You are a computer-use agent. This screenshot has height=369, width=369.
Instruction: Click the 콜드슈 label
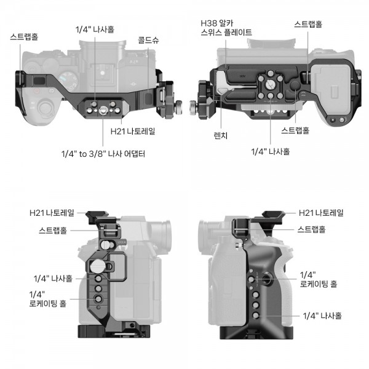pyautogui.click(x=148, y=40)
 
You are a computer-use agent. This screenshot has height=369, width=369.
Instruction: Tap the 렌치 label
pyautogui.click(x=221, y=135)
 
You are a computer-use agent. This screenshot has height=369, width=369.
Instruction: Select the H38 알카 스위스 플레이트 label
pyautogui.click(x=226, y=28)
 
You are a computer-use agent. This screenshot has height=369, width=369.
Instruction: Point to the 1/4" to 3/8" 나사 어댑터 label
pyautogui.click(x=103, y=154)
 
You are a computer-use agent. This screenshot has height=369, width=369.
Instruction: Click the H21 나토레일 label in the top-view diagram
pyautogui.click(x=133, y=131)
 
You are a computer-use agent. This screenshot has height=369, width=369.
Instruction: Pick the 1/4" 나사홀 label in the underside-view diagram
pyautogui.click(x=271, y=151)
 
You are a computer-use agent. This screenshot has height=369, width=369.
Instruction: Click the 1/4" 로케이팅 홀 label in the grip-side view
pyautogui.click(x=319, y=279)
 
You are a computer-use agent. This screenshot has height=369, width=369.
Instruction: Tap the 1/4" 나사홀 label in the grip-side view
pyautogui.click(x=322, y=315)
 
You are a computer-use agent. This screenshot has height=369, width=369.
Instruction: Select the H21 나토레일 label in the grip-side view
pyautogui.click(x=321, y=213)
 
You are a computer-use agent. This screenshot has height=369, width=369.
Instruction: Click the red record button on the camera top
pyautogui.click(x=36, y=91)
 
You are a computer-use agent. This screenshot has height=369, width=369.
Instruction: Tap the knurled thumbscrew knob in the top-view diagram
pyautogui.click(x=178, y=107)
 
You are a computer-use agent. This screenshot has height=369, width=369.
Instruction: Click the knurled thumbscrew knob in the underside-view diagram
pyautogui.click(x=194, y=108)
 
